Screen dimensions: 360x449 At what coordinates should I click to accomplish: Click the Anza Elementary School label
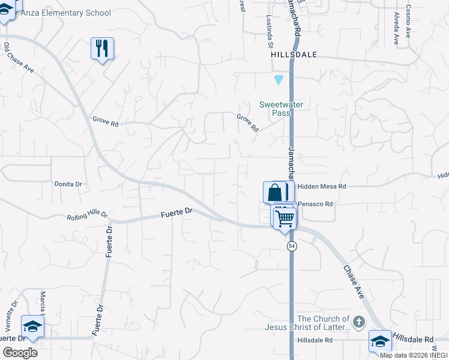(x=64, y=13)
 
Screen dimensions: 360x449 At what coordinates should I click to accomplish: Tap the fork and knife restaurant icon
(x=102, y=48)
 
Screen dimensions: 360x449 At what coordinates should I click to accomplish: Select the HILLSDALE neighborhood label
(x=294, y=54)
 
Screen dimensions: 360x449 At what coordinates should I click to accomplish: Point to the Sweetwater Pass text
(x=281, y=109)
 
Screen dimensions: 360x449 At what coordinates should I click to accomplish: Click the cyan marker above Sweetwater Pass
(x=278, y=79)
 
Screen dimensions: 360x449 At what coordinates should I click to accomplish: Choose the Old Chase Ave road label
(x=19, y=58)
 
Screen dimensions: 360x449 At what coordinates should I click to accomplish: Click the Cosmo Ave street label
(x=408, y=22)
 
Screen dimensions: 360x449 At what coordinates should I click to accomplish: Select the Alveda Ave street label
(x=396, y=28)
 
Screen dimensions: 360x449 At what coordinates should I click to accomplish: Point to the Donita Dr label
(x=67, y=184)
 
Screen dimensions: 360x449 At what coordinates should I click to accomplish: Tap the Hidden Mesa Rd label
(x=322, y=187)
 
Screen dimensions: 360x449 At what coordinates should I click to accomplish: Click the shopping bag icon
(x=274, y=193)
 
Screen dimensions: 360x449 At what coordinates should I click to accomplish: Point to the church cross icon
(x=358, y=323)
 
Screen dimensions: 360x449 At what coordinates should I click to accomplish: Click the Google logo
(x=20, y=352)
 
